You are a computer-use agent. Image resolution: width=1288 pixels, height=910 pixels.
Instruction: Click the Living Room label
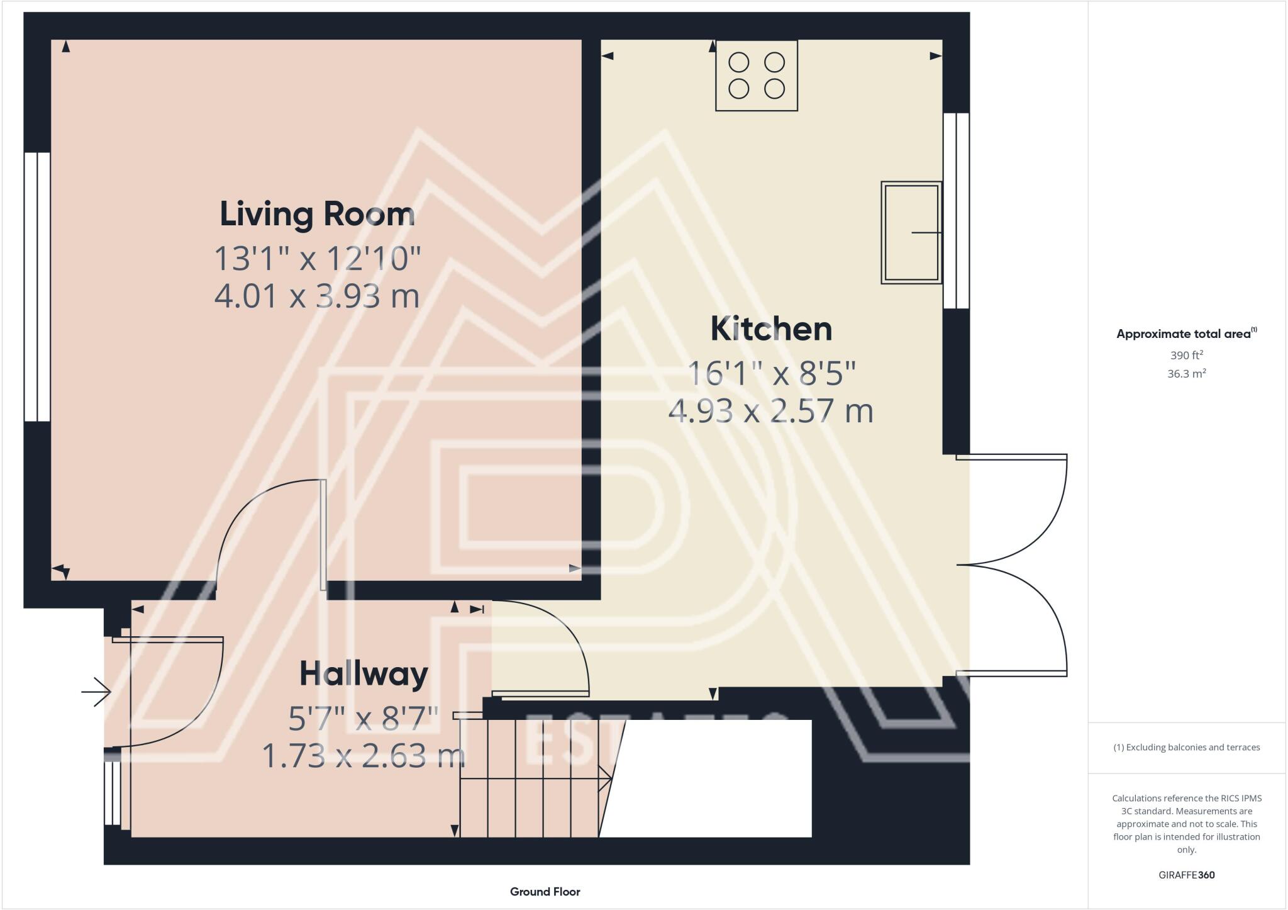coord(317,215)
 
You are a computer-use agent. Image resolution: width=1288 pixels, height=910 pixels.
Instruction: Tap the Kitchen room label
coord(771,329)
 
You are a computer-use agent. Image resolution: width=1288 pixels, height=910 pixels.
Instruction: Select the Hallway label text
coord(364,674)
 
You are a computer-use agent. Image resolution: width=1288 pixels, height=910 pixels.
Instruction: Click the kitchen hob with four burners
coord(757,76)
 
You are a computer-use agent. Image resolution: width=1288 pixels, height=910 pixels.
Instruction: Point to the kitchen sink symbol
coord(911,233)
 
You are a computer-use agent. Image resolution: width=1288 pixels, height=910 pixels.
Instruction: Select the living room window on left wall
coord(37,286)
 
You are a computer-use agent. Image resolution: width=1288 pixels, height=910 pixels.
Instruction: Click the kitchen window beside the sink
coord(957,211)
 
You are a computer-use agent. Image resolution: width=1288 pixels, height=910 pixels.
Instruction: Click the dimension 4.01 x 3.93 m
coord(317,296)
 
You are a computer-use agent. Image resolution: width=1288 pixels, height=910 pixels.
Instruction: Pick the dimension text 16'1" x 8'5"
coord(771,374)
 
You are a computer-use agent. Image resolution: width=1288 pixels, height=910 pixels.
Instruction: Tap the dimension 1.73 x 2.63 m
coord(364,756)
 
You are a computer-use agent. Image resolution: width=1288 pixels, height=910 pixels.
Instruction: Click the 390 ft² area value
coord(1186,355)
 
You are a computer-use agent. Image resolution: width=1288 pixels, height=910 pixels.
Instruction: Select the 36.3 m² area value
coord(1186,374)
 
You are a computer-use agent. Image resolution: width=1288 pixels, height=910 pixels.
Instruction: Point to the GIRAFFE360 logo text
coord(1186,875)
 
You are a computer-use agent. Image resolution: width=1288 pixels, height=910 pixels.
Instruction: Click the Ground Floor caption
coord(545,892)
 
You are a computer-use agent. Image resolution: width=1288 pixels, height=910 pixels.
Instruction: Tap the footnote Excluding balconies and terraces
coord(1186,748)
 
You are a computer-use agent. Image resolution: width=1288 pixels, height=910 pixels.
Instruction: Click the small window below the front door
coord(112,793)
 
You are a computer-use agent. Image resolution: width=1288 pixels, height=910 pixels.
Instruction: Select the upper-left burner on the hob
coord(739,63)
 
